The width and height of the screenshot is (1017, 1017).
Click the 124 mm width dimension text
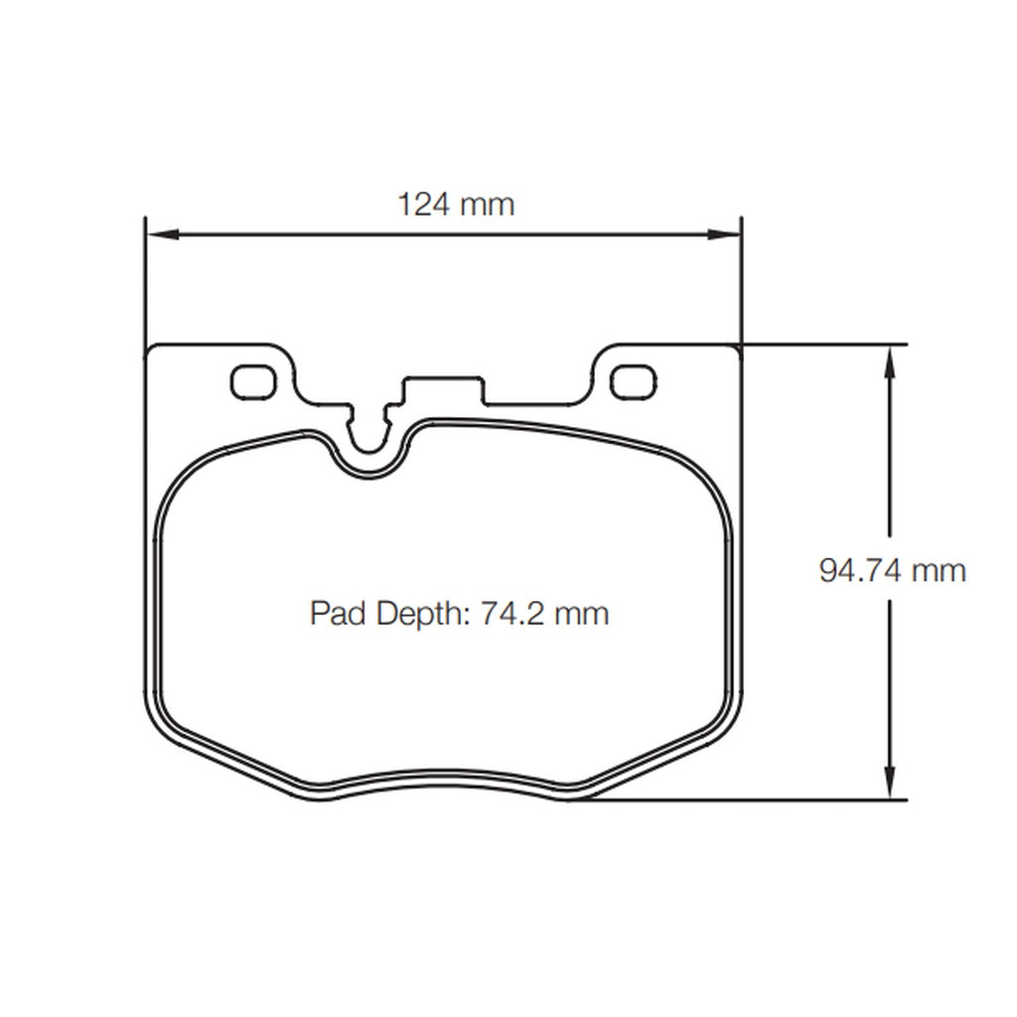coord(456,205)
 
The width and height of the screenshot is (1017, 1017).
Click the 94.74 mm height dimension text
coord(892,570)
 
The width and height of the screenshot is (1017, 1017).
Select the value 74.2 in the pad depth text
coord(513,613)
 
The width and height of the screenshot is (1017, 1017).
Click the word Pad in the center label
coord(338,613)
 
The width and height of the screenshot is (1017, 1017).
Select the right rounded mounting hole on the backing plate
coord(633,381)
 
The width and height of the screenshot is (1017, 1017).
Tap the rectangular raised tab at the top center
coord(443,387)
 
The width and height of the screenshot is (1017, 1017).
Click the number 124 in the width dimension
coord(424,205)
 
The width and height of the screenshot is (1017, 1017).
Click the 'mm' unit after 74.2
coord(581,613)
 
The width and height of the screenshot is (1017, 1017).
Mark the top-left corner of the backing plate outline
coord(150,349)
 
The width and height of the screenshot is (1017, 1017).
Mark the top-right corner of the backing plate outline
coord(738,349)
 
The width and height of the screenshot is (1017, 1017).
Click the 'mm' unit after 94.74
coord(940,570)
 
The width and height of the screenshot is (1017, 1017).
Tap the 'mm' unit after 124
coord(488,205)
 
